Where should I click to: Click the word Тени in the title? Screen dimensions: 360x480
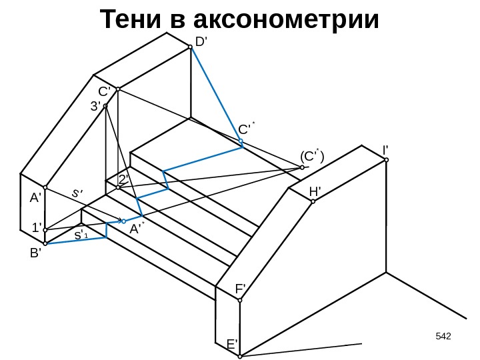tap(131, 21)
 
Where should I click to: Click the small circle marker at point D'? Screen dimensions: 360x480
tap(190, 47)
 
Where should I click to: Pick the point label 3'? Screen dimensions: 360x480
tap(96, 105)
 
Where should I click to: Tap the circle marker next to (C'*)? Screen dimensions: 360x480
tap(302, 167)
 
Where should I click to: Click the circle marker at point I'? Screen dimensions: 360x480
tap(386, 160)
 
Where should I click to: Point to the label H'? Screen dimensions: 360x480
tap(315, 192)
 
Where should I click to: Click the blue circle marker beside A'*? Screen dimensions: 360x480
tap(123, 221)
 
